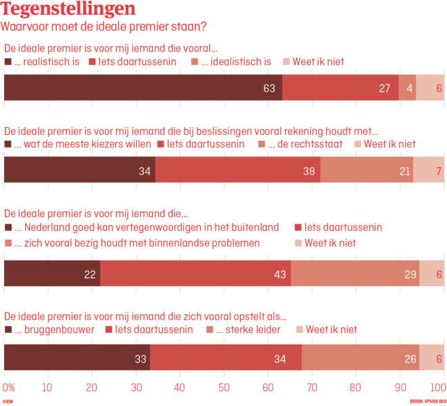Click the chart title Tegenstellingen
click(x=69, y=9)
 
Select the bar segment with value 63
click(x=143, y=88)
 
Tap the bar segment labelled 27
click(x=340, y=88)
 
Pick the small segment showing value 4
click(x=408, y=88)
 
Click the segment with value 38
click(x=237, y=170)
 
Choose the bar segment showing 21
click(x=366, y=170)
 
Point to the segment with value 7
click(x=428, y=170)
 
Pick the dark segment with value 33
click(x=77, y=357)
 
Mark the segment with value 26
click(x=360, y=357)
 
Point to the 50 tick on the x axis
click(x=224, y=388)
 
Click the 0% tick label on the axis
click(x=9, y=388)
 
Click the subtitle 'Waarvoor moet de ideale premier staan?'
click(x=103, y=27)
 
